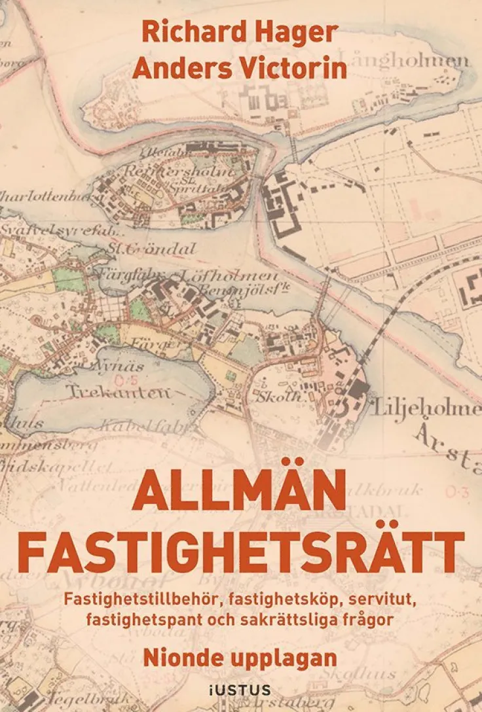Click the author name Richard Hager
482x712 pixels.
(240, 33)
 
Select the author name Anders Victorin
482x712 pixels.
(240, 68)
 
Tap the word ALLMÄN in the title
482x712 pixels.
(240, 492)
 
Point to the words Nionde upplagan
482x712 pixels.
(240, 657)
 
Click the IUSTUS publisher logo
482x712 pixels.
(241, 689)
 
